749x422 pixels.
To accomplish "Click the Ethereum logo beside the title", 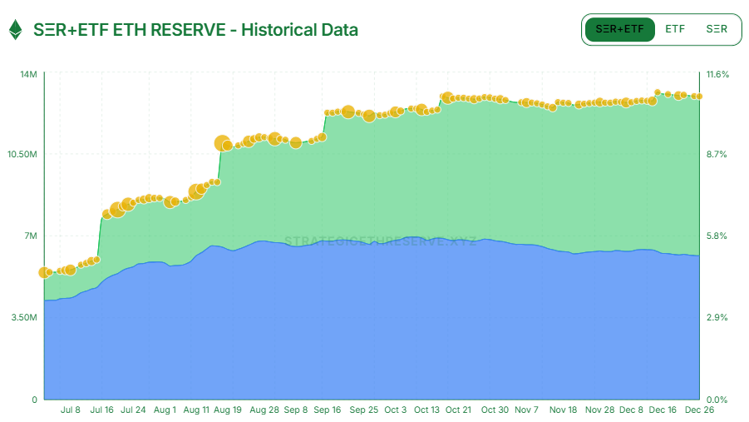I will pyautogui.click(x=15, y=30).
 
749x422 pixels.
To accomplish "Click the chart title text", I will pyautogui.click(x=195, y=30).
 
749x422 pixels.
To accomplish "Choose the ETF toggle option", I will pyautogui.click(x=675, y=29).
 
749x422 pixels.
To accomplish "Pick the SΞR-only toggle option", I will pyautogui.click(x=717, y=29).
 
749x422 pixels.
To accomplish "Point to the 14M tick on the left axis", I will pyautogui.click(x=28, y=75).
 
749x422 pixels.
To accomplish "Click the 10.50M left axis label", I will pyautogui.click(x=22, y=155).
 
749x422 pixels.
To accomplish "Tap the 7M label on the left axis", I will pyautogui.click(x=30, y=236).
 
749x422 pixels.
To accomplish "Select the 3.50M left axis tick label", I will pyautogui.click(x=25, y=318).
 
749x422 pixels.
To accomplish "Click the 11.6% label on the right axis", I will pyautogui.click(x=717, y=75).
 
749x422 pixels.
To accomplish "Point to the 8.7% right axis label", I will pyautogui.click(x=717, y=155).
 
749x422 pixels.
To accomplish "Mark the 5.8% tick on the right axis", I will pyautogui.click(x=717, y=236).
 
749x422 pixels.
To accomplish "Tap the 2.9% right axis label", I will pyautogui.click(x=717, y=318).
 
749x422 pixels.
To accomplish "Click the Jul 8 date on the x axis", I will pyautogui.click(x=71, y=410).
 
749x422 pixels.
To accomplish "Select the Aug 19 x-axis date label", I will pyautogui.click(x=228, y=410).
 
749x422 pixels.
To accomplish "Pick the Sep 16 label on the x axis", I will pyautogui.click(x=327, y=410).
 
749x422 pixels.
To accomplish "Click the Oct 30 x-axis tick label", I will pyautogui.click(x=495, y=410).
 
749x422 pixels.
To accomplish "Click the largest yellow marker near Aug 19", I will pyautogui.click(x=222, y=143).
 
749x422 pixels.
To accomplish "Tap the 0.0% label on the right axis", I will pyautogui.click(x=717, y=400).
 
